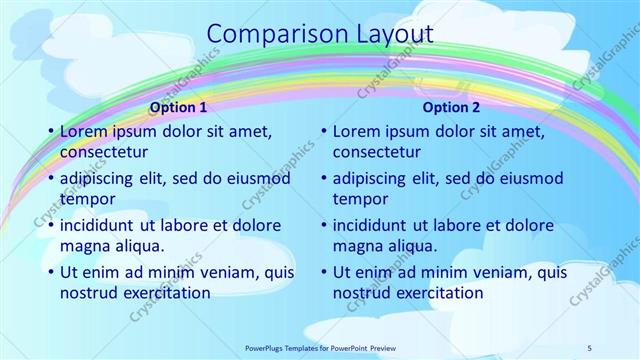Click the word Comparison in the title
[x=268, y=33]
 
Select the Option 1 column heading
[x=178, y=107]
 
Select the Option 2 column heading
[x=451, y=107]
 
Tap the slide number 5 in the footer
[x=590, y=347]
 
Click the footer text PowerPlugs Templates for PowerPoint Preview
[x=321, y=347]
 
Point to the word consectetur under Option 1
[x=104, y=152]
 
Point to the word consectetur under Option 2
[x=376, y=152]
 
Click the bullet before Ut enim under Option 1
[x=50, y=272]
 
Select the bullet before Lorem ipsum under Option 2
[x=323, y=131]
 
